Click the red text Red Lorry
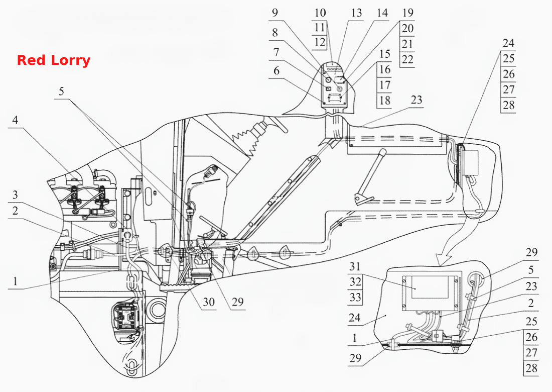tap(54, 60)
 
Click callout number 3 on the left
tap(15, 195)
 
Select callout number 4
tap(15, 120)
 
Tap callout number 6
tap(277, 71)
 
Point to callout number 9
tap(275, 13)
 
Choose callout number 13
tap(356, 13)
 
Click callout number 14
tap(382, 13)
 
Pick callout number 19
tap(407, 13)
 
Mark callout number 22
tap(407, 60)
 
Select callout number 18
tap(385, 101)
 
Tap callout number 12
tap(320, 42)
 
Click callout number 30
tap(208, 302)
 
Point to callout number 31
tap(355, 266)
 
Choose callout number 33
tap(355, 298)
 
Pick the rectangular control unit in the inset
tap(431, 292)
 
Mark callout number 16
tap(385, 69)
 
